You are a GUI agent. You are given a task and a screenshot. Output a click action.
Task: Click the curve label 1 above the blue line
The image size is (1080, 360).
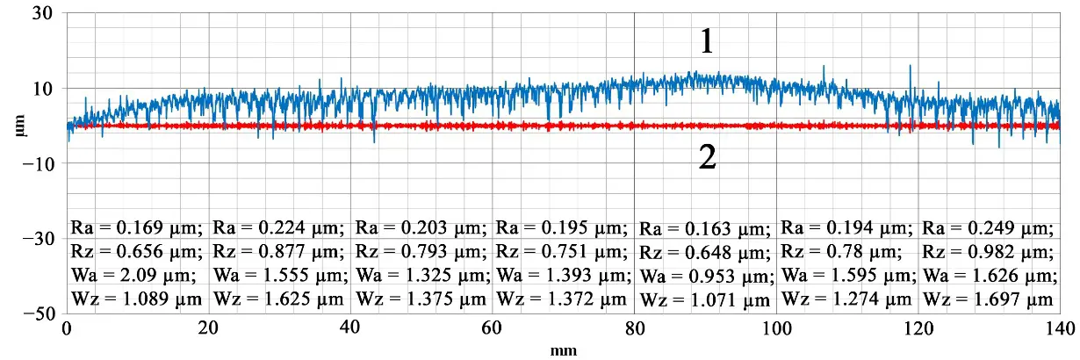tap(708, 42)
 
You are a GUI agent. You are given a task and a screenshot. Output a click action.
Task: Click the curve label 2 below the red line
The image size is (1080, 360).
tap(708, 157)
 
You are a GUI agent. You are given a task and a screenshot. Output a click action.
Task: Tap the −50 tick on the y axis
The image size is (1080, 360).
tap(38, 314)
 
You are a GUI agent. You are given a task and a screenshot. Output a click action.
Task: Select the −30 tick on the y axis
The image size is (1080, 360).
tap(38, 239)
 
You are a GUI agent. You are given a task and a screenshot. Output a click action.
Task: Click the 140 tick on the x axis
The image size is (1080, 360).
tap(1060, 329)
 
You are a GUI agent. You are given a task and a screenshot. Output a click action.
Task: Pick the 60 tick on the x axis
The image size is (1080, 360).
tap(493, 329)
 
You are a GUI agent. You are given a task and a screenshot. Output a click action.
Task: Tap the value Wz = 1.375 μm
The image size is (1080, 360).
tap(421, 299)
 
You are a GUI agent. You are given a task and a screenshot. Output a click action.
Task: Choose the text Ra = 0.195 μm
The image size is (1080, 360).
tap(562, 228)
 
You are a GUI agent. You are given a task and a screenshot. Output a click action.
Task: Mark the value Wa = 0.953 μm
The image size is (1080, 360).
tap(705, 277)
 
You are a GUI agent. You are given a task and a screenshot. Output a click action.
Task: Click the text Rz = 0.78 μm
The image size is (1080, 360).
tap(841, 253)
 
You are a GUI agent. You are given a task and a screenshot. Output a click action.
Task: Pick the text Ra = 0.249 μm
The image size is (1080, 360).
tap(988, 229)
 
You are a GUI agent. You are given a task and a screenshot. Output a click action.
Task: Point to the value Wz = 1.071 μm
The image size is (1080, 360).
tap(705, 301)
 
